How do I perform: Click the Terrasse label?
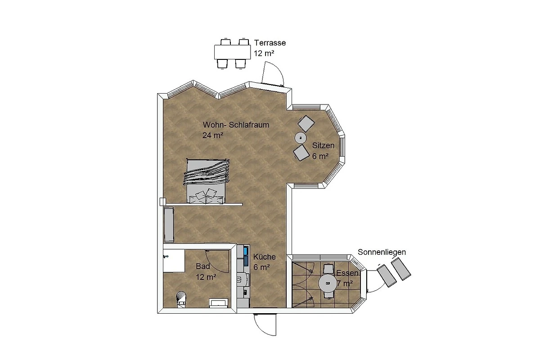[270, 43]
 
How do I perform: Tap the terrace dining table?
[232, 52]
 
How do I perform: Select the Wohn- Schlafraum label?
[236, 125]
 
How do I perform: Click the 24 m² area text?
[212, 135]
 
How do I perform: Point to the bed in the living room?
[207, 181]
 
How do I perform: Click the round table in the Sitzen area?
[301, 138]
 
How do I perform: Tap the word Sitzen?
[323, 145]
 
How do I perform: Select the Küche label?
[264, 257]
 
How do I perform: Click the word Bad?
[203, 266]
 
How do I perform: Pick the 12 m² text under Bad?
[206, 277]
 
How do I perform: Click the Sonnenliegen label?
[382, 252]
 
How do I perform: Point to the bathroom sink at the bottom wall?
[218, 303]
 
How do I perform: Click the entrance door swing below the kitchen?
[265, 324]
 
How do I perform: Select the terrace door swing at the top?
[272, 73]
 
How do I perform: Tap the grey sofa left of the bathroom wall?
[169, 225]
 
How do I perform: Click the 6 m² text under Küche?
[261, 267]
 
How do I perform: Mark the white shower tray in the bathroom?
[174, 261]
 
